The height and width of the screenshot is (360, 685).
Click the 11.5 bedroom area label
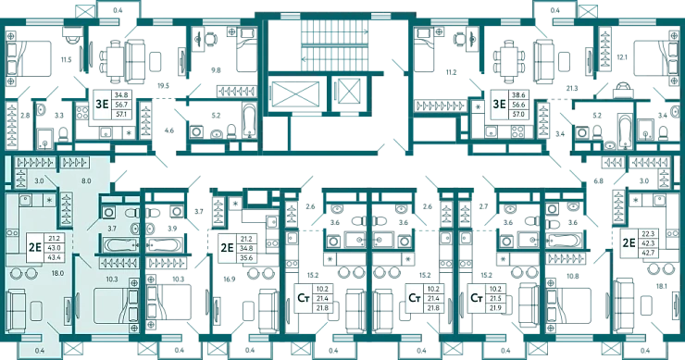coord(66,60)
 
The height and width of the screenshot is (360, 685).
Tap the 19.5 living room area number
coord(163,86)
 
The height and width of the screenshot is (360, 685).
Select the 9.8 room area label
coord(216,70)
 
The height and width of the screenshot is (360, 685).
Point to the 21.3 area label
coord(572,88)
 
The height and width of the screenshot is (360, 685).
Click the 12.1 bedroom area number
coord(622,57)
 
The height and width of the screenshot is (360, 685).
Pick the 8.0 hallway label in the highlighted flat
coord(86,180)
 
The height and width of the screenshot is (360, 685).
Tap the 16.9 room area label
coord(230,279)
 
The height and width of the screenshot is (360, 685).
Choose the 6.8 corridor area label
coord(598,180)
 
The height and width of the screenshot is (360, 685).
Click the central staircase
coord(335,43)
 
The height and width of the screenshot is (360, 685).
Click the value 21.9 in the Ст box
coord(495,308)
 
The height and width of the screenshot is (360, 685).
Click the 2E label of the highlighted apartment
coord(34,248)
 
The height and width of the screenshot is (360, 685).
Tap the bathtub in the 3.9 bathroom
coord(164,242)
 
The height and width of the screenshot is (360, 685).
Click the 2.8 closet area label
coord(25,116)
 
